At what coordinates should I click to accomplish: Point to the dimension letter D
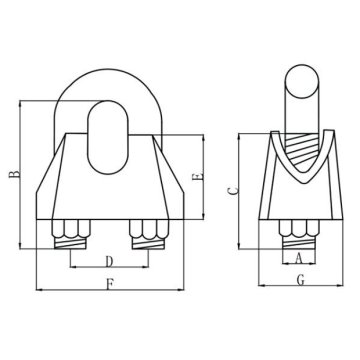tap(109, 261)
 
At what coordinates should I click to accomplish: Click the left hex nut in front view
tap(68, 228)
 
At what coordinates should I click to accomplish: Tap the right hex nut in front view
tap(147, 228)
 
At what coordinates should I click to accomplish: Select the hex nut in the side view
tap(299, 227)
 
